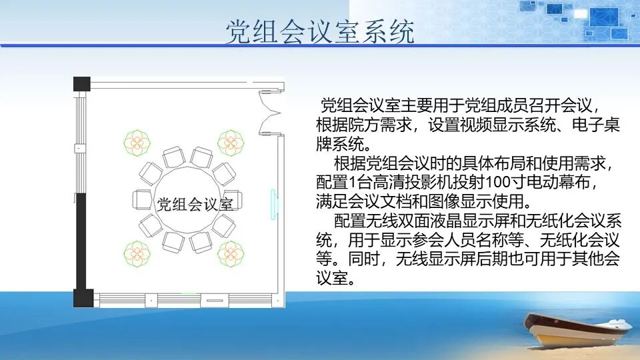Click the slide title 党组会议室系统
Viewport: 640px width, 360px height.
tap(319, 31)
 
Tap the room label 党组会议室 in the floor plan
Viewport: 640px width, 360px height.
tap(195, 203)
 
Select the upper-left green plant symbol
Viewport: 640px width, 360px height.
tap(137, 142)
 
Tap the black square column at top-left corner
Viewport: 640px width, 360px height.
tap(81, 84)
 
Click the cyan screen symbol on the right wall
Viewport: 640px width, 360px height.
tap(273, 204)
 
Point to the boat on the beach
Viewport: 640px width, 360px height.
tap(576, 329)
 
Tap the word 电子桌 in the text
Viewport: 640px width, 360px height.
tap(597, 125)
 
